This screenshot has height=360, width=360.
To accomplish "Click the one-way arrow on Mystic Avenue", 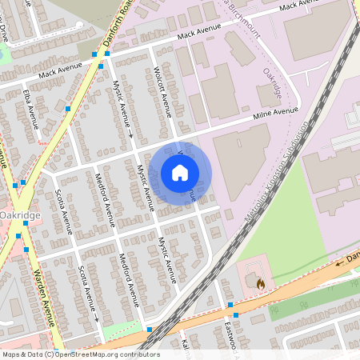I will point(130,137).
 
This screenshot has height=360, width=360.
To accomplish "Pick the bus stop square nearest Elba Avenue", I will point(68,108).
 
